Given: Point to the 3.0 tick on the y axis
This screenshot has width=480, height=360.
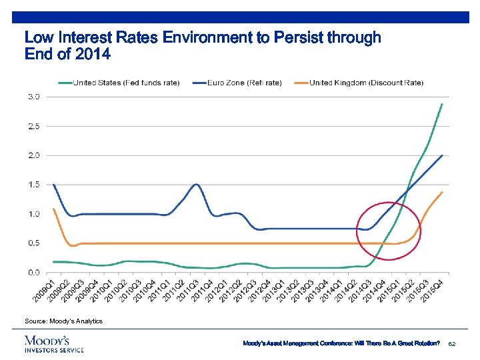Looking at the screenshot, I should [33, 97].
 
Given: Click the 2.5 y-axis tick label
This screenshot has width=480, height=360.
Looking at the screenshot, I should [33, 126].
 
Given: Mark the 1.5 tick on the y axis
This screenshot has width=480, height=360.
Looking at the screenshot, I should [33, 185].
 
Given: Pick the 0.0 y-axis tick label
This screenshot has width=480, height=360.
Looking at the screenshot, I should [33, 272].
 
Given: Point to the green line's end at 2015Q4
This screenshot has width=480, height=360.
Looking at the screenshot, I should [441, 104].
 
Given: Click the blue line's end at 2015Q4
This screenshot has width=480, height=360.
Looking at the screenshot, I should [441, 155].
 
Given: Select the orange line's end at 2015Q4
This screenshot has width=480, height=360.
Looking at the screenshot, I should [441, 193].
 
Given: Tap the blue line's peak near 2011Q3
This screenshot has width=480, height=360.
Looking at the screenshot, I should [196, 184].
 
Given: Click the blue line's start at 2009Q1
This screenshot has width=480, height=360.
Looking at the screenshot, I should [53, 185].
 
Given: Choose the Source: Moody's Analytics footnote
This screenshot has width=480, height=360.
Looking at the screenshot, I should [64, 321].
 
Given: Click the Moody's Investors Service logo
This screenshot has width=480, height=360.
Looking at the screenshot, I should [54, 343].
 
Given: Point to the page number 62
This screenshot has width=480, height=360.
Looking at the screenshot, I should [451, 343].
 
